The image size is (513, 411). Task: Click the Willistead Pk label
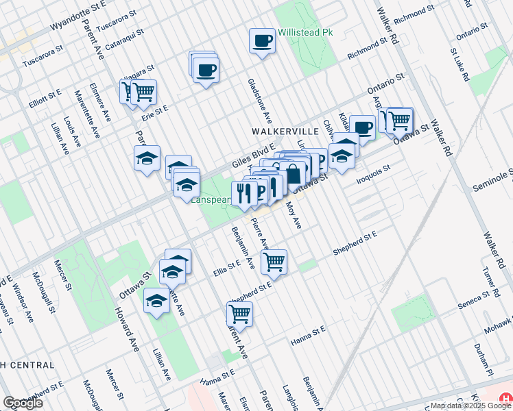[305, 34]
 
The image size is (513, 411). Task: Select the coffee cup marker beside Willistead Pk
[261, 42]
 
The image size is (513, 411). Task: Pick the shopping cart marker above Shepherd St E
[274, 261]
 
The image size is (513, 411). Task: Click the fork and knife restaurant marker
[243, 192]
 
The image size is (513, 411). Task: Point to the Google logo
[23, 403]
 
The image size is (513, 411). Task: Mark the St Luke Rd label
[459, 65]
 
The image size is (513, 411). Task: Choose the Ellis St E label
[226, 264]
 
